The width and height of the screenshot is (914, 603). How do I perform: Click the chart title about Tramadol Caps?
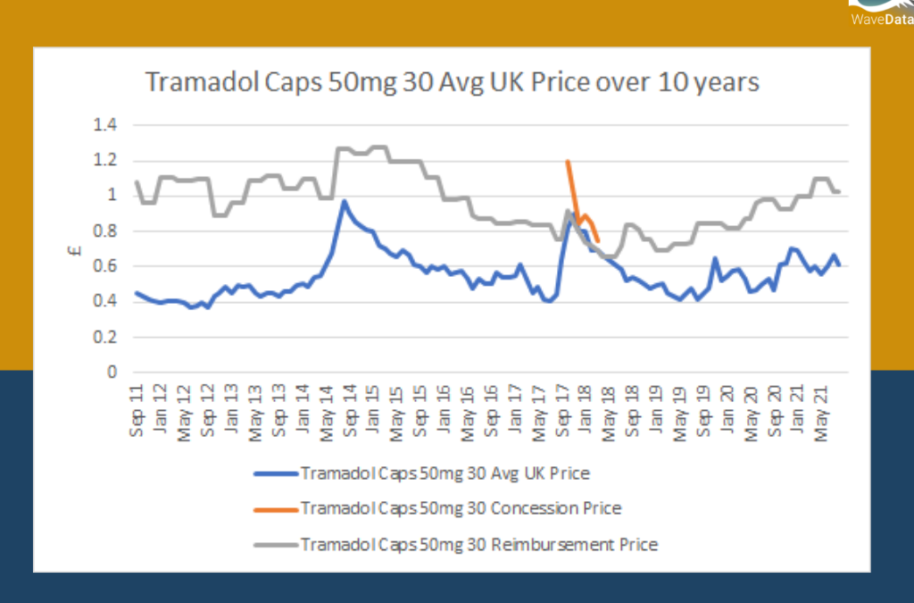452,82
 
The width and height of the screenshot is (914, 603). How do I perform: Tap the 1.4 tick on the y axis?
106,125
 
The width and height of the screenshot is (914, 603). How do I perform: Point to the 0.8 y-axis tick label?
106,231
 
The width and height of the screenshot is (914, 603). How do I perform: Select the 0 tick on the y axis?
112,372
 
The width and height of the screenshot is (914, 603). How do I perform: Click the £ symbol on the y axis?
77,251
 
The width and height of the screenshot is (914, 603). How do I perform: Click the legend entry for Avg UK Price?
445,473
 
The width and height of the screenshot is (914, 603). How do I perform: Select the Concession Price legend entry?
461,508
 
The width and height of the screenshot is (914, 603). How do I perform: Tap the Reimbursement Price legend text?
478,544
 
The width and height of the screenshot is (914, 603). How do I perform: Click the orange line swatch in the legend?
275,509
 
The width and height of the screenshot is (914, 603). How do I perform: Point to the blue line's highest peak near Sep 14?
345,202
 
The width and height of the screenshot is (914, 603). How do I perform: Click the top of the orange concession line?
568,162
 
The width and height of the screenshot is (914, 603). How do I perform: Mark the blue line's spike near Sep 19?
716,259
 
